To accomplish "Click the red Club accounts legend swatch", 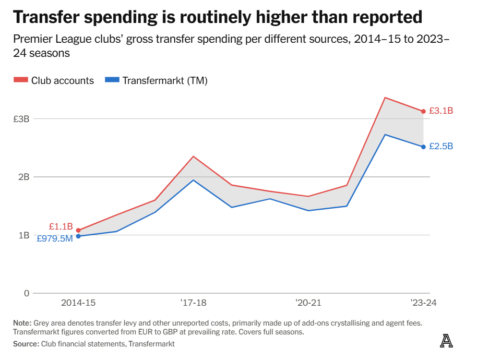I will tap(20, 80).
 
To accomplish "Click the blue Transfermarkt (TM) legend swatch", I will tap(112, 80).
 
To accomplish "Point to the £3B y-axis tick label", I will tap(21, 119).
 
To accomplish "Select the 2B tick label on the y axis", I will tap(23, 177).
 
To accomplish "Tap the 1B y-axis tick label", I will tap(23, 235).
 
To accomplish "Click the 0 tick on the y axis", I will tap(27, 293).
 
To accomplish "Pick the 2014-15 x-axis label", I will tap(78, 303).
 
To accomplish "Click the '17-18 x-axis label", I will tap(193, 303).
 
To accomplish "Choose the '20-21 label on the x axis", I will tap(308, 303).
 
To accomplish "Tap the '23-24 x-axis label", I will tap(423, 303).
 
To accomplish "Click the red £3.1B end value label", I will tap(441, 111).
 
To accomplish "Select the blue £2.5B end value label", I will tap(441, 147).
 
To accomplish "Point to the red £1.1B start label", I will tap(61, 226).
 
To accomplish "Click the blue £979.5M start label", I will tap(54, 238).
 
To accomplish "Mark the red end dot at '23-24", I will tap(423, 111).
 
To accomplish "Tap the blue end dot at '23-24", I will tap(423, 147).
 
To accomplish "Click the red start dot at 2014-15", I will tap(78, 230).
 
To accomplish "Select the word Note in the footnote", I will tap(22, 323).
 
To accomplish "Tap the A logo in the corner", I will tap(446, 341).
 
